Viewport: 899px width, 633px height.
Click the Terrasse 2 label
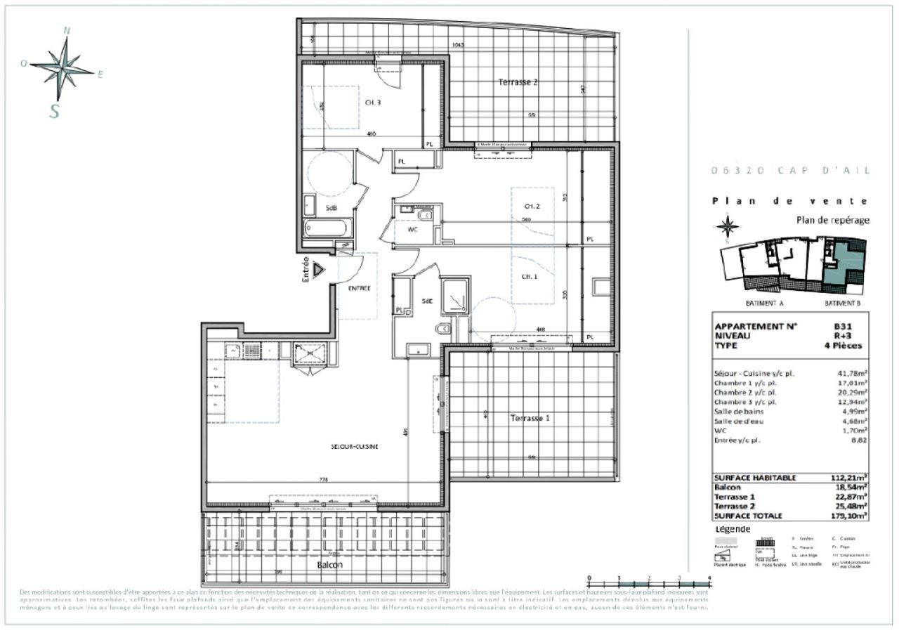(x=518, y=82)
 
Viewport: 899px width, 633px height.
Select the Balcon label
(x=329, y=565)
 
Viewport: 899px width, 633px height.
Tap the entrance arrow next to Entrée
(x=318, y=269)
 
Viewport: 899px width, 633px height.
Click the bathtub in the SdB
(x=327, y=229)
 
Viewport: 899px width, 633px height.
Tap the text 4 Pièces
(x=842, y=346)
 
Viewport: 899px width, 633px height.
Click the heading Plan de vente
(x=789, y=201)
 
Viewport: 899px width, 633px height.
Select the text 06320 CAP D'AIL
(x=789, y=170)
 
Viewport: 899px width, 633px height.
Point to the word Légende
(x=732, y=529)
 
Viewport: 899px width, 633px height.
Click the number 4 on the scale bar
(x=710, y=577)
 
